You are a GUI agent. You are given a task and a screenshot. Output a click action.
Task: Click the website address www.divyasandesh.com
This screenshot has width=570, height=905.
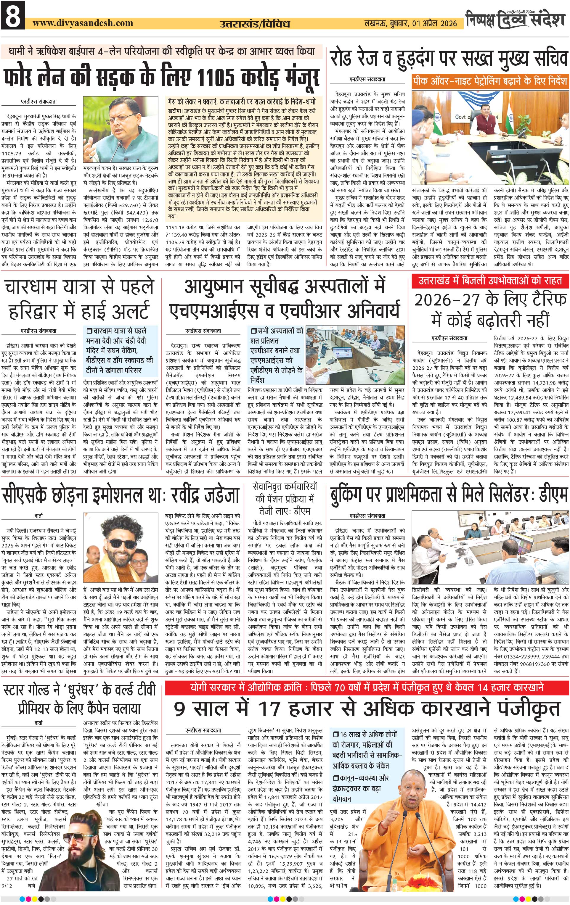(83, 23)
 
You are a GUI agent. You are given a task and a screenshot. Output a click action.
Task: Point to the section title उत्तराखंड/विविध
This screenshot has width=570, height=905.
(255, 24)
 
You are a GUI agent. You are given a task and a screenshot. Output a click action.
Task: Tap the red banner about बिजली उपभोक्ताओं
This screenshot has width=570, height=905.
(490, 280)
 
